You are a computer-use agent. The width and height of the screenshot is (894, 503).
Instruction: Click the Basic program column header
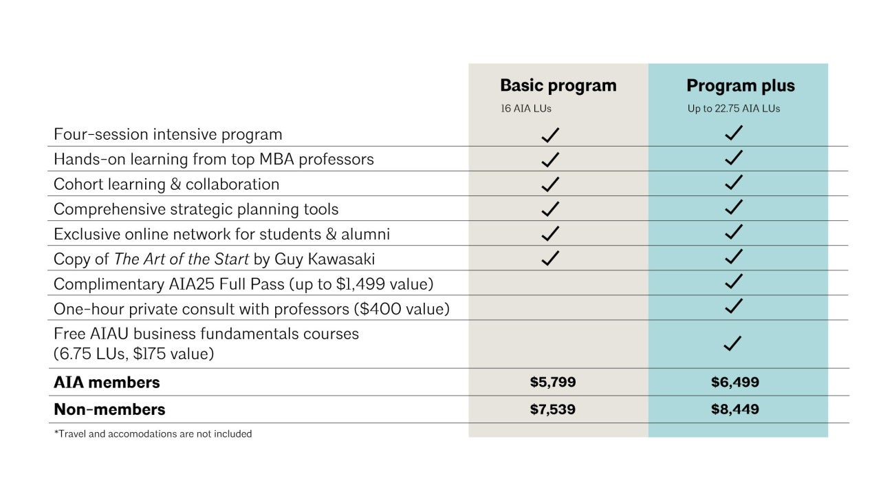tap(558, 86)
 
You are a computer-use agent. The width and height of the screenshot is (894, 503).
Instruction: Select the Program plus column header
tap(740, 86)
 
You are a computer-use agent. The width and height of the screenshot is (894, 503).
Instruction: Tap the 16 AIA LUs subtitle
tap(526, 108)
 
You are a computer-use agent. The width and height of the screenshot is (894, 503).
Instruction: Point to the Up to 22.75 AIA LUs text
tap(734, 108)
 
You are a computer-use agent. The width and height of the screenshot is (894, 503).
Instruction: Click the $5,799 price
tap(552, 382)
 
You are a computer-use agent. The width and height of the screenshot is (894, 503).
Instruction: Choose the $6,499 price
tap(734, 382)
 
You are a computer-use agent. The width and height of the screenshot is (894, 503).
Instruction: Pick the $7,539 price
tap(552, 409)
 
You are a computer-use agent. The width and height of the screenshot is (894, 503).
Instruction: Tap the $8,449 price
tap(734, 409)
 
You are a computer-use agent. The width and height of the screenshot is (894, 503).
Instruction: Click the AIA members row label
tap(107, 382)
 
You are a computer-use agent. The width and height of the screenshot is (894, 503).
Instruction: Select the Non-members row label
tap(109, 409)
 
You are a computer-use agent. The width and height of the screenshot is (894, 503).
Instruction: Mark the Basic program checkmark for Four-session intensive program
tap(550, 134)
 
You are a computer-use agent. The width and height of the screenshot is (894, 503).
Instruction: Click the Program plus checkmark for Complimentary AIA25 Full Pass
tap(734, 281)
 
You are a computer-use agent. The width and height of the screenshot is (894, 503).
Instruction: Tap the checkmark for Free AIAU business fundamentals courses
tap(733, 343)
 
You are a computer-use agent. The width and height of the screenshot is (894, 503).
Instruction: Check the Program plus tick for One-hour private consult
tap(734, 306)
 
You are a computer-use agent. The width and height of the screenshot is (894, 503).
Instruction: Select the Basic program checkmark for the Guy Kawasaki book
tap(550, 258)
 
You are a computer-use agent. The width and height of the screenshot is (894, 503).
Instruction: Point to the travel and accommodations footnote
tap(153, 434)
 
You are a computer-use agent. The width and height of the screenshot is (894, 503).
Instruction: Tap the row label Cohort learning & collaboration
tap(166, 184)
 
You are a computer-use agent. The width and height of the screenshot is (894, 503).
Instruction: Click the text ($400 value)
tap(402, 309)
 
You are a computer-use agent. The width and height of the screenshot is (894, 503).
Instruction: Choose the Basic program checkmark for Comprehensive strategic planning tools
tap(550, 208)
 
